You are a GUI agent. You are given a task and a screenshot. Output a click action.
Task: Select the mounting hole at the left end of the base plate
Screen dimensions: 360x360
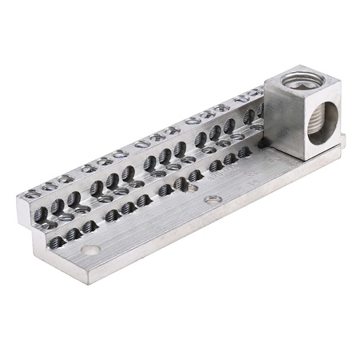(93, 250)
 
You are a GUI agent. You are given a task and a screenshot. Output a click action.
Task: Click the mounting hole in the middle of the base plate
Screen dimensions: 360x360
(212, 198)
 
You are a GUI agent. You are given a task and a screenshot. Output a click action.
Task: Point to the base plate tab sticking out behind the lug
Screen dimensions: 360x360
(341, 141)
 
